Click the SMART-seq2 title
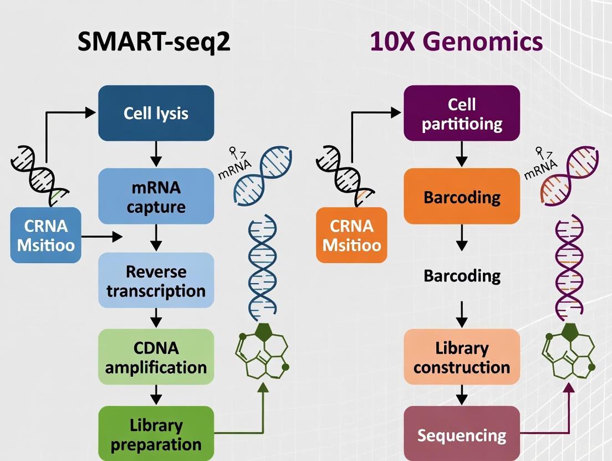coord(154,42)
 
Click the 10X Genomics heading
coord(456,42)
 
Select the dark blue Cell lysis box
coord(156,113)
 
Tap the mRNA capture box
coord(156,196)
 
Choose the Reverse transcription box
coord(156,280)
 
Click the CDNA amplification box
coord(156,357)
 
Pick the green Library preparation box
coord(156,434)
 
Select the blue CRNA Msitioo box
coord(46,235)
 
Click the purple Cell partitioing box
coord(462,113)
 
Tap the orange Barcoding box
coord(462,197)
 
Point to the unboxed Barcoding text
coord(462,275)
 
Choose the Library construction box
coord(462,357)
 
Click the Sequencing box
coord(462,434)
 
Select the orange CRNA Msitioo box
coord(351,235)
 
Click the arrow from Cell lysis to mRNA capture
coord(156,155)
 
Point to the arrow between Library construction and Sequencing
coord(462,396)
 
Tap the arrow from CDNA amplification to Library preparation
coord(156,395)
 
